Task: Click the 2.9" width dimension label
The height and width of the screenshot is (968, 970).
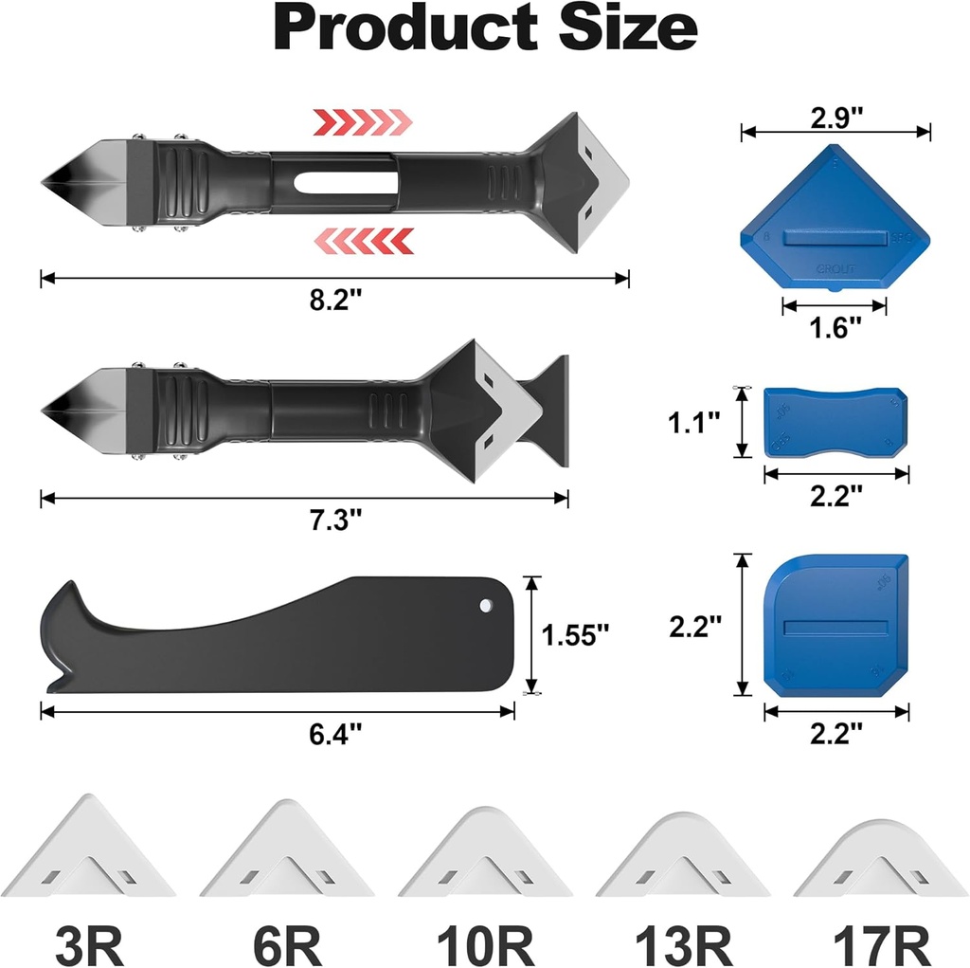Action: click(836, 118)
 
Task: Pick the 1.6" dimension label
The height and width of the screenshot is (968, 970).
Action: click(835, 327)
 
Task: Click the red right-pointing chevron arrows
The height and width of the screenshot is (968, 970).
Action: click(363, 120)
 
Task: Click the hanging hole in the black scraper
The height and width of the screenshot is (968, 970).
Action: click(487, 604)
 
